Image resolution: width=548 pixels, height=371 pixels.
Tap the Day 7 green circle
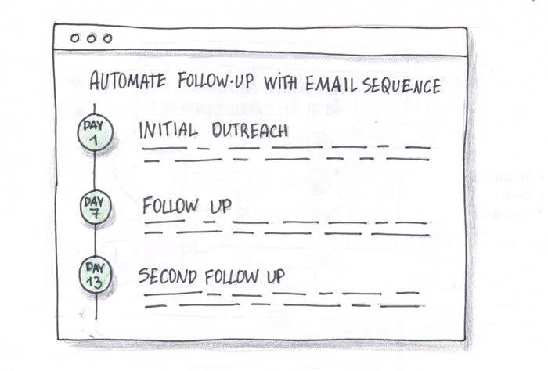pyautogui.click(x=96, y=207)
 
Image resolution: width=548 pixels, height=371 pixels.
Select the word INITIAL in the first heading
pyautogui.click(x=165, y=130)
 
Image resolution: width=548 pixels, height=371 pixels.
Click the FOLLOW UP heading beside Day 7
pyautogui.click(x=186, y=207)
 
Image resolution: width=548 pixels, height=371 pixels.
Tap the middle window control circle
pyautogui.click(x=90, y=38)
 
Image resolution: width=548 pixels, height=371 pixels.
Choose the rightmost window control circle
pyautogui.click(x=106, y=38)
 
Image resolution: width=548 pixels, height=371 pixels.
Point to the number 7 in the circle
pyautogui.click(x=96, y=213)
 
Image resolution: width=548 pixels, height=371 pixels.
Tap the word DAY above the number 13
pyautogui.click(x=96, y=268)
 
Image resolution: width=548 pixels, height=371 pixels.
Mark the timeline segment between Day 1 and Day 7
pyautogui.click(x=95, y=171)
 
